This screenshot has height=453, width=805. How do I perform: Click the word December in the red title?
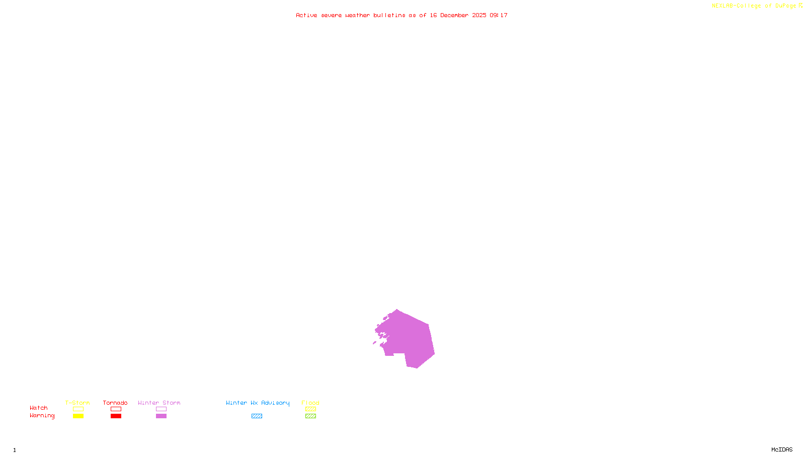pos(454,15)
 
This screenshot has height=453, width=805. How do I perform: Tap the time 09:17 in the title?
pos(499,15)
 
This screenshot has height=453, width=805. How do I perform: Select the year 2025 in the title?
pos(479,15)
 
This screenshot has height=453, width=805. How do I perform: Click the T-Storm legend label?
pos(77,403)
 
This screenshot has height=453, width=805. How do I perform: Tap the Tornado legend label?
pos(115,403)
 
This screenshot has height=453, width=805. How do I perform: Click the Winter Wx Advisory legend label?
pos(258,403)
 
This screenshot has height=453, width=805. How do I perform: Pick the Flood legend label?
pos(310,403)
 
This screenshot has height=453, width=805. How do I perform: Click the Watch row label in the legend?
pos(39,408)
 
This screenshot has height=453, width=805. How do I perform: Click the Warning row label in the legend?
pos(42,416)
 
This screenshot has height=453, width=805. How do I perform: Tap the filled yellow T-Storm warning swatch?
pos(78,416)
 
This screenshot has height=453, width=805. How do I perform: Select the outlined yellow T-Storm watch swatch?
pos(78,409)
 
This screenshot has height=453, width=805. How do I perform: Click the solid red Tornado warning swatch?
pos(116,416)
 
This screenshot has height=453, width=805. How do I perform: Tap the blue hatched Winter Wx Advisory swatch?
pos(257,416)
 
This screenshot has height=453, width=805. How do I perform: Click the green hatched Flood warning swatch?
pos(310,416)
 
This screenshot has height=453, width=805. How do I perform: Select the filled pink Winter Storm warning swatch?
pos(161,416)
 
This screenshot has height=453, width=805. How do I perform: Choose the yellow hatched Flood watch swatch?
pos(310,409)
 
